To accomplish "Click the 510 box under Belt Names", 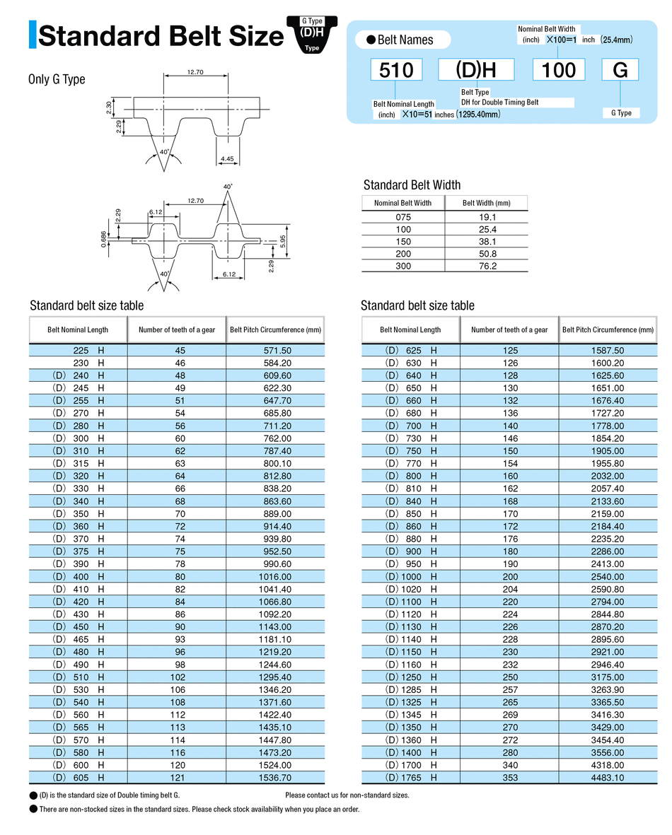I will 397,70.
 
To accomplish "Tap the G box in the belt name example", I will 620,70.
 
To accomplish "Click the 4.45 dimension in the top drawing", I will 227,159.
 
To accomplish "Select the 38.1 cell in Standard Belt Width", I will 487,241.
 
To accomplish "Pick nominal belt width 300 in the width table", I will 402,266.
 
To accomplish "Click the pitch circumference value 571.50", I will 276,351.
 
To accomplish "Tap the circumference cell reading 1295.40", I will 276,677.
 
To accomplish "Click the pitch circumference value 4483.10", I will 608,778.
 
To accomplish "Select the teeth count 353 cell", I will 509,778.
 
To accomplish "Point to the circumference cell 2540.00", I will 608,577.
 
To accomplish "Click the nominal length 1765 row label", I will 411,778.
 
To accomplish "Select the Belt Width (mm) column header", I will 487,203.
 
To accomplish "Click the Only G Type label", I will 57,79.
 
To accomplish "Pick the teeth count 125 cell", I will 509,351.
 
